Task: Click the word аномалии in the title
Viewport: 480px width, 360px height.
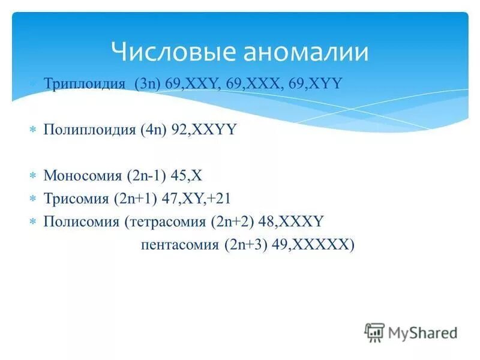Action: (305, 52)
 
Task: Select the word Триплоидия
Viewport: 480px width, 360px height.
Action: (84, 83)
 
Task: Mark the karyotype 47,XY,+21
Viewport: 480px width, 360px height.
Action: (200, 199)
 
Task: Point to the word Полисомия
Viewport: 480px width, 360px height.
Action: (82, 221)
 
